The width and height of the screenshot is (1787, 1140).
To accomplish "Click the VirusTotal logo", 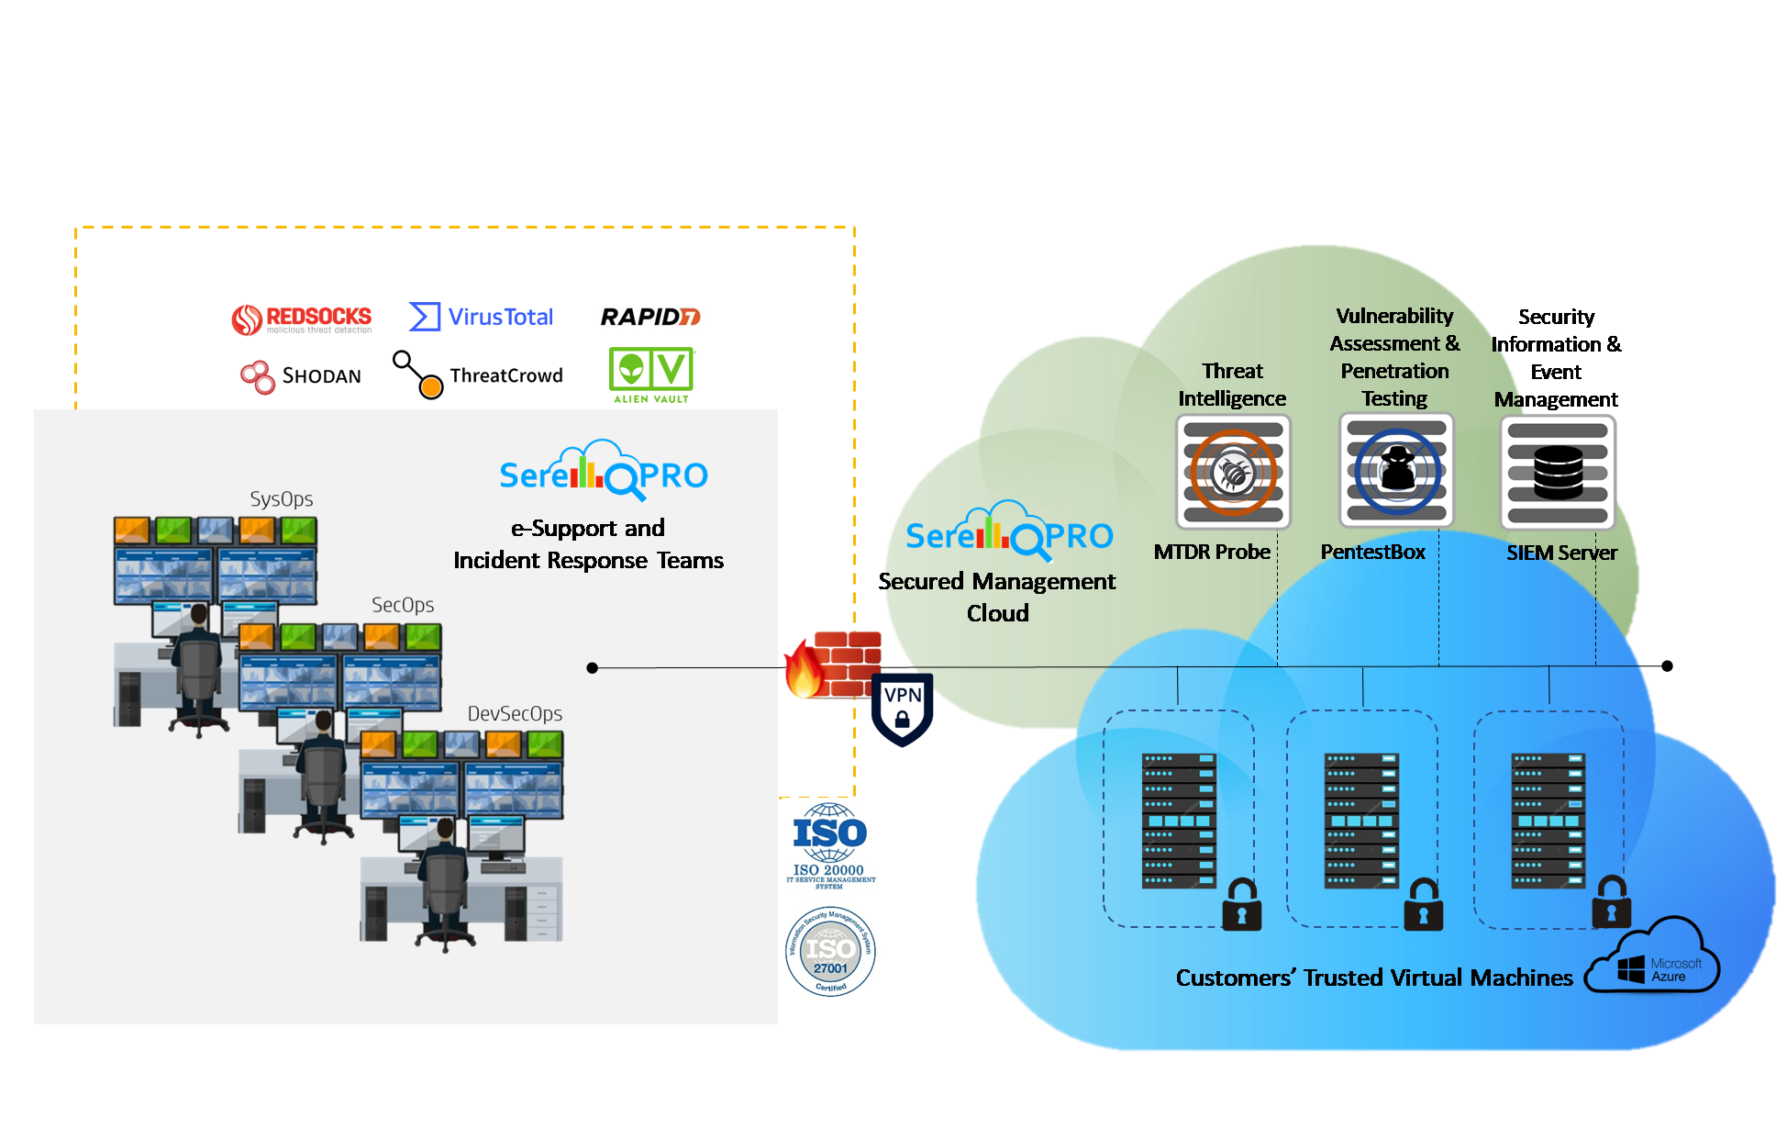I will (x=481, y=317).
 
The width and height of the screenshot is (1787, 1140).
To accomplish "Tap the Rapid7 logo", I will (x=650, y=317).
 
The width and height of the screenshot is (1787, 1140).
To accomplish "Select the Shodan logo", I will (x=300, y=375).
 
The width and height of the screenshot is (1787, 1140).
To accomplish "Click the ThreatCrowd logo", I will (x=479, y=374).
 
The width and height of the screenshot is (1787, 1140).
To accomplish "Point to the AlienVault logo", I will (x=652, y=374).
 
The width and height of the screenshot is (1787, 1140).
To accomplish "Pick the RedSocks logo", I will (x=302, y=318).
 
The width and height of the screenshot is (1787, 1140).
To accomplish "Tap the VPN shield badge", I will (x=902, y=709).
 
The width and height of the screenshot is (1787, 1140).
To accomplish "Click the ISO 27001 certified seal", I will (x=831, y=951).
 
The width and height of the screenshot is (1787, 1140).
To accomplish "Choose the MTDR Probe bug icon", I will (x=1233, y=472).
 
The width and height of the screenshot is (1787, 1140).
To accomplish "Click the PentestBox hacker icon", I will (x=1396, y=471).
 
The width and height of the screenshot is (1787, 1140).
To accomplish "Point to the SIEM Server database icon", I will (x=1558, y=472).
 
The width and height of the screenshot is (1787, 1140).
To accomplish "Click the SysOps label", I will (x=282, y=499).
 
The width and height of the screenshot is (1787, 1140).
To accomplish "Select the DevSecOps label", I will (x=515, y=714).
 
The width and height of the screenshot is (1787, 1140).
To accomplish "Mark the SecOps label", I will (x=403, y=605).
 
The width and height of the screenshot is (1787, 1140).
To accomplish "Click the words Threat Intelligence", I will (x=1232, y=385).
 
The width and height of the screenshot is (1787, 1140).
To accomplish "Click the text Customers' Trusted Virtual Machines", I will (x=1374, y=978).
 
